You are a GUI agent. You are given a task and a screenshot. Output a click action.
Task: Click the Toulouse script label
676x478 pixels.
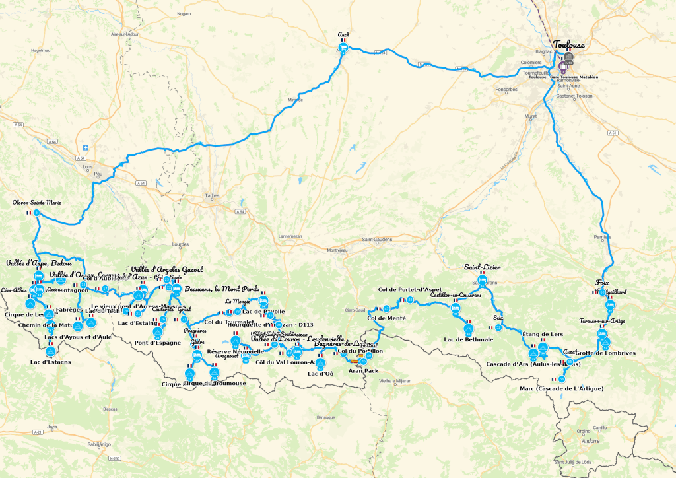pyautogui.click(x=568, y=44)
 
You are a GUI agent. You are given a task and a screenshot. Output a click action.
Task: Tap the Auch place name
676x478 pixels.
pyautogui.click(x=343, y=34)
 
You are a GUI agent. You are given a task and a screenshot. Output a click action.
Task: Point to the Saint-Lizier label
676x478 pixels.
pyautogui.click(x=482, y=267)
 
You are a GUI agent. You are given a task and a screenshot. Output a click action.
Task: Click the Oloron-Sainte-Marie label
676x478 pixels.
pyautogui.click(x=37, y=202)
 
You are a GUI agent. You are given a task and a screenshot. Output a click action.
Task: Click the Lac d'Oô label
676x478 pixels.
pyautogui.click(x=320, y=374)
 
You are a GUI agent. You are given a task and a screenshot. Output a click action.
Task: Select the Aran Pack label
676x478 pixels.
pyautogui.click(x=363, y=371)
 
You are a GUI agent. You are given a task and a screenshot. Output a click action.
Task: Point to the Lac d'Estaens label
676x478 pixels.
pyautogui.click(x=50, y=362)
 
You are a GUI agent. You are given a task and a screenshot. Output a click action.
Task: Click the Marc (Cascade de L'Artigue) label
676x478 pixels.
pyautogui.click(x=561, y=388)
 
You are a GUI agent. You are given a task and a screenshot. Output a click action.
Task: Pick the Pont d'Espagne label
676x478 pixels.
pyautogui.click(x=157, y=342)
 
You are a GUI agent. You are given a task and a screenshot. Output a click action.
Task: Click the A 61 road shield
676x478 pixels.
pyautogui.click(x=614, y=133)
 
